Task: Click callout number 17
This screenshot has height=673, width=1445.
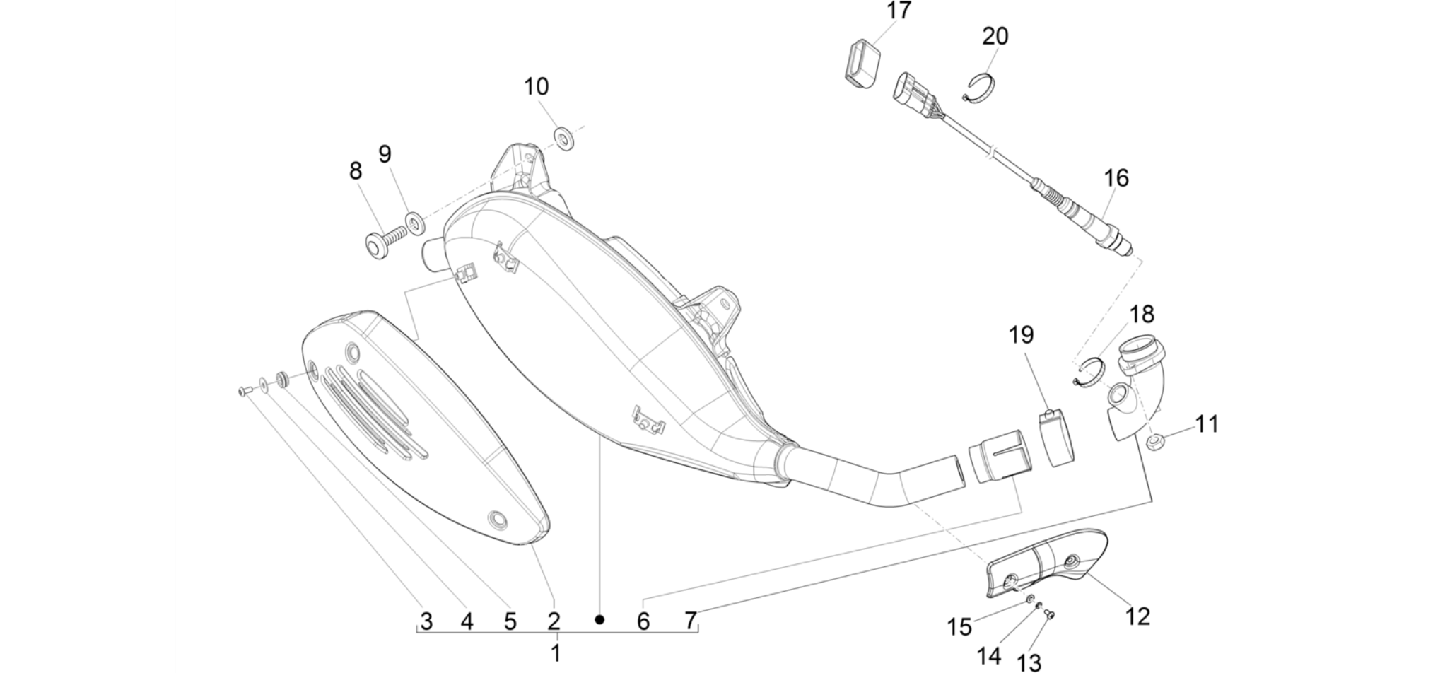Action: coord(899,11)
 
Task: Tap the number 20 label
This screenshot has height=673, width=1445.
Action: coord(995,36)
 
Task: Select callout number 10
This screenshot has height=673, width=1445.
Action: coord(536,87)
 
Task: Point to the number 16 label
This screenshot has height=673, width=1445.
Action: coord(1116,178)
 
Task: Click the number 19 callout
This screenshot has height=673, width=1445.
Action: coord(1021,334)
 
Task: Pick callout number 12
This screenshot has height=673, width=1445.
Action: coord(1137,616)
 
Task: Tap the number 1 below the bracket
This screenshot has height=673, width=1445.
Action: coord(556,652)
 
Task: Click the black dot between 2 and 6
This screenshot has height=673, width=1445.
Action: coord(599,620)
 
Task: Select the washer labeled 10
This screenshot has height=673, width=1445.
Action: coord(564,138)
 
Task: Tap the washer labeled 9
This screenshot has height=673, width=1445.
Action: coord(415,222)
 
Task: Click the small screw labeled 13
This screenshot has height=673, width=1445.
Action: coord(1049,614)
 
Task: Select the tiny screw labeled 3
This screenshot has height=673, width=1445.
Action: coord(245,390)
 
